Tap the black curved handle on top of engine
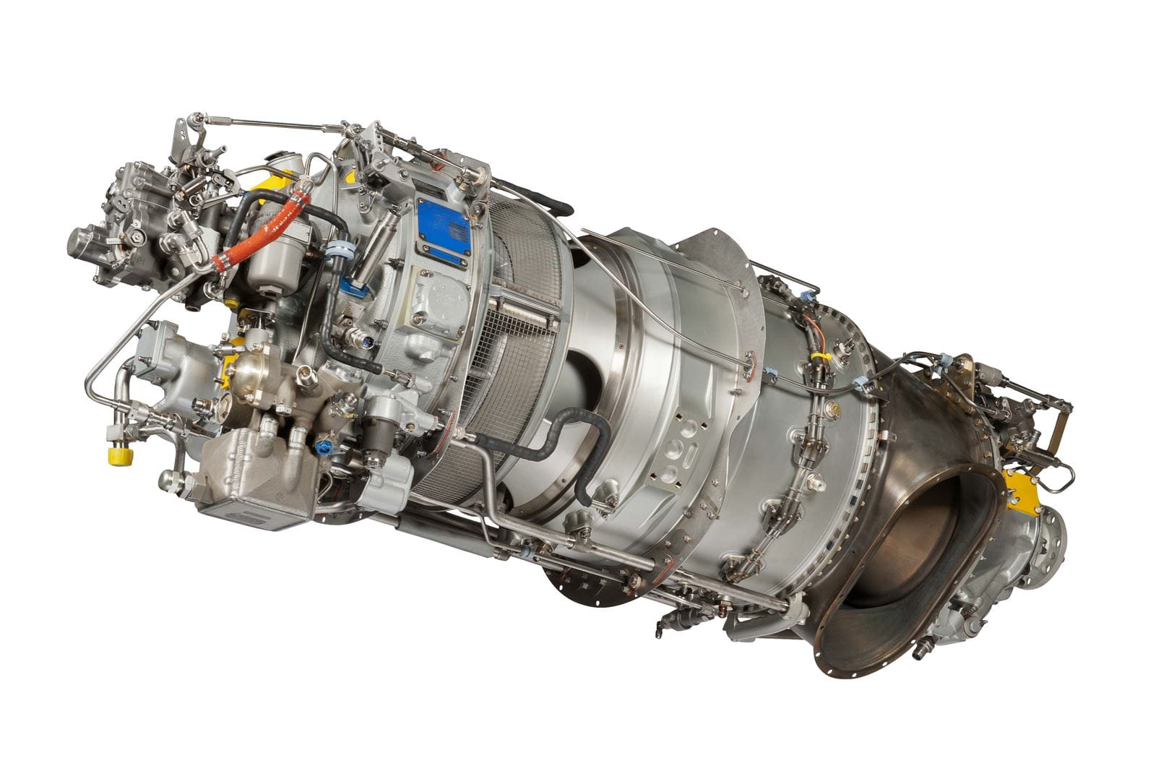pos(535,192)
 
